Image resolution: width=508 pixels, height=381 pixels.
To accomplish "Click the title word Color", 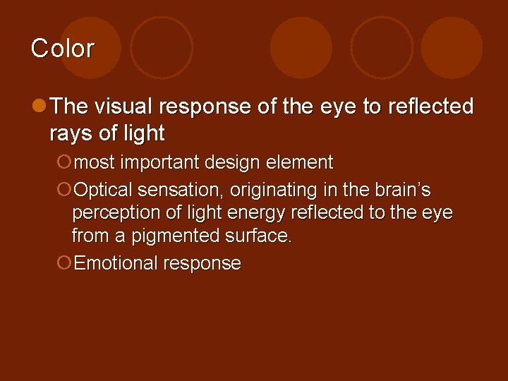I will click(x=62, y=49).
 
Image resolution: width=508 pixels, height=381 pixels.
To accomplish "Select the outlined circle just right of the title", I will click(x=162, y=47).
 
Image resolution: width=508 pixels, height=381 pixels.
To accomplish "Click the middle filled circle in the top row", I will click(x=301, y=47).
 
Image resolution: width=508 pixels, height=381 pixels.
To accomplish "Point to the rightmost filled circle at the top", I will click(x=452, y=47).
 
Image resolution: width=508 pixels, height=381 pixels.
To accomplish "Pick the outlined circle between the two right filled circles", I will click(x=382, y=47).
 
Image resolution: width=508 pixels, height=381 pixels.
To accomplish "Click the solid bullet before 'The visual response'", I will click(x=40, y=106).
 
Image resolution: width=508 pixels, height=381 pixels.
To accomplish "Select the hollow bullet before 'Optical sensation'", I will click(x=64, y=190).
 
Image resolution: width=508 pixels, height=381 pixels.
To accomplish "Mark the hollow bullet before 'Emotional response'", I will click(x=64, y=264).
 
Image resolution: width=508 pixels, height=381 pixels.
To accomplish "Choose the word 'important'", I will click(x=161, y=163).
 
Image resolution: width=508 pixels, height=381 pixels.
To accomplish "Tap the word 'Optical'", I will click(x=104, y=190).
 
